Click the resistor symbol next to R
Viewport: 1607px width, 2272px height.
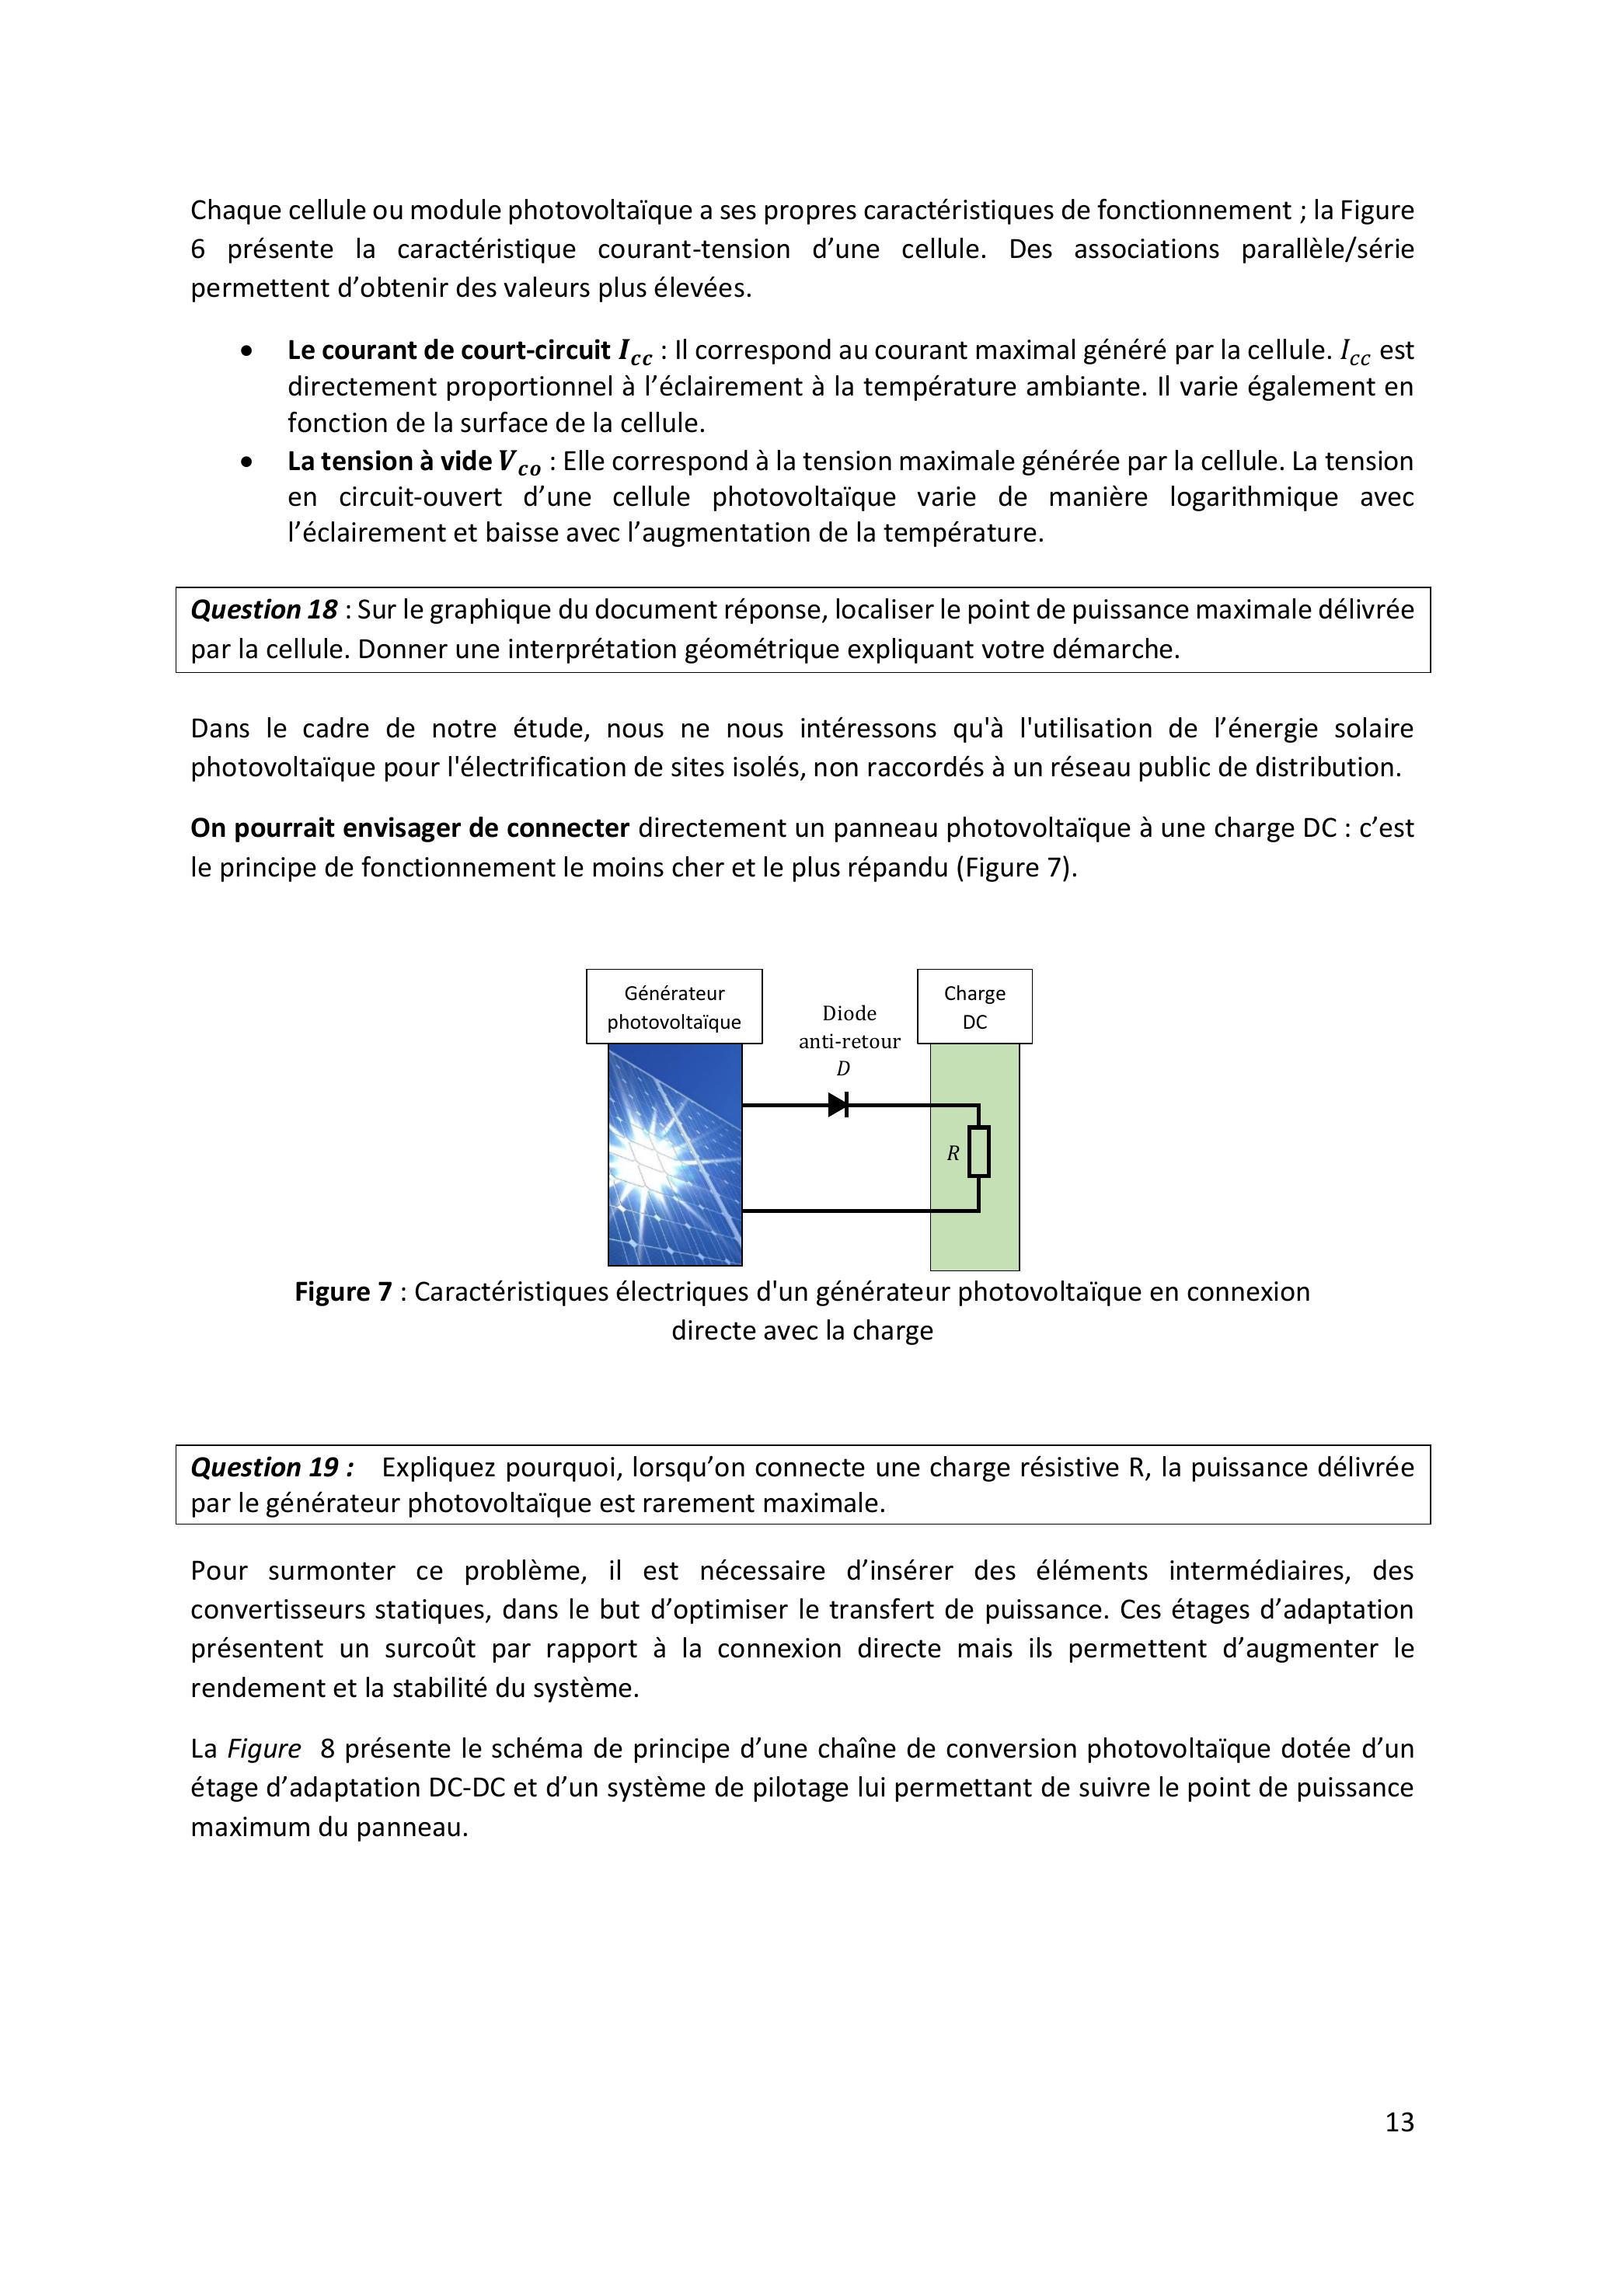coord(978,1152)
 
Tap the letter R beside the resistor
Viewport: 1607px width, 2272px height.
coord(953,1153)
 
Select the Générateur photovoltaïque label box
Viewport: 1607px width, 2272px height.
coord(674,1006)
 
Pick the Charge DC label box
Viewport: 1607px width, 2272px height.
coord(974,1006)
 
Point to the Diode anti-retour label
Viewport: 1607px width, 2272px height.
coord(849,1026)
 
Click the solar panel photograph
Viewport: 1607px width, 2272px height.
coord(675,1155)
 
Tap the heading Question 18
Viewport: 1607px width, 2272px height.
coord(264,609)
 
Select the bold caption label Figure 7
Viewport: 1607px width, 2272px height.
coord(343,1291)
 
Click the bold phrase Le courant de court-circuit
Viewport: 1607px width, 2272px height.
coord(448,350)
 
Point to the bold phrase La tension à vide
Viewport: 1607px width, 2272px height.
coord(390,461)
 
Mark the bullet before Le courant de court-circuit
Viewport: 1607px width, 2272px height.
coord(246,351)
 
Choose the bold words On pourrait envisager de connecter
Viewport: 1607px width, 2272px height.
coord(410,828)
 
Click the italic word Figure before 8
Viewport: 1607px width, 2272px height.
coord(264,1748)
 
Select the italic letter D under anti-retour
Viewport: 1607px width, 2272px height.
coord(843,1068)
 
